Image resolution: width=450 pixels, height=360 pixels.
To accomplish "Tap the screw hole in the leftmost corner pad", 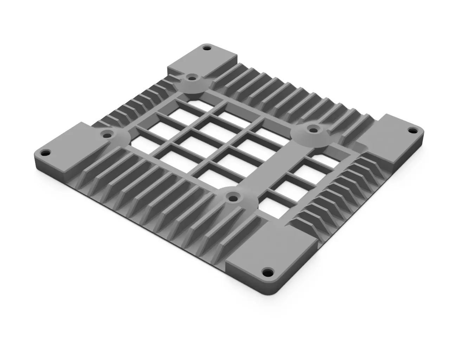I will [46, 153].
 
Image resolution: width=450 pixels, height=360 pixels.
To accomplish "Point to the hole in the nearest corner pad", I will [269, 272].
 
